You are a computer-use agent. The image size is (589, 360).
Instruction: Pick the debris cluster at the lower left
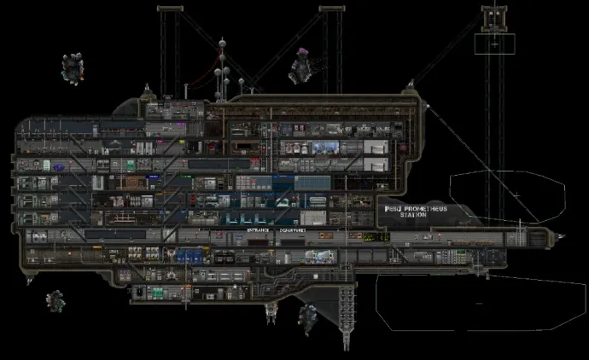pyautogui.click(x=56, y=300)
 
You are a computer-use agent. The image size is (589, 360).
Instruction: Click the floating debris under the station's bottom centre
pyautogui.click(x=304, y=320)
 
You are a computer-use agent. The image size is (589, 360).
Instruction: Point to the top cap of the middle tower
pyautogui.click(x=331, y=9)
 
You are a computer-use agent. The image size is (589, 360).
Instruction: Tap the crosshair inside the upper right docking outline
pyautogui.click(x=516, y=195)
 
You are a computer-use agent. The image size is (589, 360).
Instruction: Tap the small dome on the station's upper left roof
pyautogui.click(x=149, y=91)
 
